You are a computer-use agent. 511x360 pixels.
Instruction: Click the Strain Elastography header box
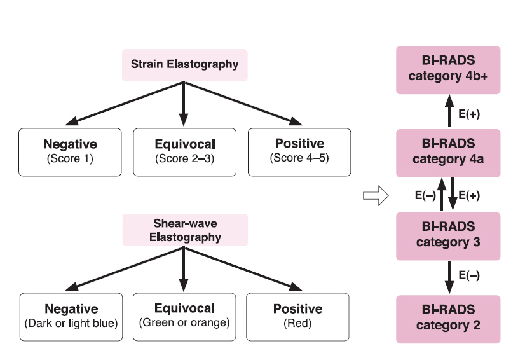coord(184,64)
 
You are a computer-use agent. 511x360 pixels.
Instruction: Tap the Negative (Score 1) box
coord(70,151)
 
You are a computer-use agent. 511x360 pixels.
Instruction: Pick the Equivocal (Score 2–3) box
coord(184,151)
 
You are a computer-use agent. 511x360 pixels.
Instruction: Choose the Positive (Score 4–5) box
coord(299,151)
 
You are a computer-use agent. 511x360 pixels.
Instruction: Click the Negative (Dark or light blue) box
coord(71,316)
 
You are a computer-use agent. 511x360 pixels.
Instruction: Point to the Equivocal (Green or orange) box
coord(184,316)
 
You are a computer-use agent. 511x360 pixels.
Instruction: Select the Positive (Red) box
coord(297,316)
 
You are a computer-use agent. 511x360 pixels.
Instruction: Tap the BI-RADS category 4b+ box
coord(447,69)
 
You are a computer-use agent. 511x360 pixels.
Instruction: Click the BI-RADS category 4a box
coord(447,152)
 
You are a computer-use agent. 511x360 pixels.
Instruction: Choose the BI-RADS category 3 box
coord(447,235)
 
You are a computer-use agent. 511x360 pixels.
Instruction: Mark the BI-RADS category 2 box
coord(447,318)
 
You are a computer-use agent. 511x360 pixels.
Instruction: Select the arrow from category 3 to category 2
coord(448,277)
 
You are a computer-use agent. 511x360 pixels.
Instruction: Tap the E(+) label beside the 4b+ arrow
coord(469,114)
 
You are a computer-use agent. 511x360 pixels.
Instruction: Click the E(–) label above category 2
coord(469,275)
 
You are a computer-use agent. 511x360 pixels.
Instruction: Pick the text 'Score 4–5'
coord(299,158)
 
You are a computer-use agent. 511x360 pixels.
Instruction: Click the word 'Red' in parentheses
coord(297,323)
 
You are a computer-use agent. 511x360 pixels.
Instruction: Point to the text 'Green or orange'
coord(184,323)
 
